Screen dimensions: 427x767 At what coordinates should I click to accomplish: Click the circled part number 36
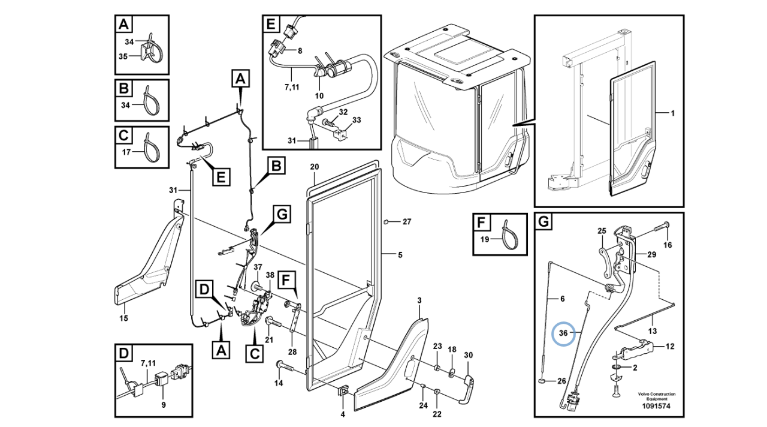tap(563, 333)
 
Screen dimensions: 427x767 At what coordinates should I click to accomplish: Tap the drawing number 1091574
tap(656, 407)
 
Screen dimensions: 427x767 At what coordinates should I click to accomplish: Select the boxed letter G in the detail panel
tap(543, 222)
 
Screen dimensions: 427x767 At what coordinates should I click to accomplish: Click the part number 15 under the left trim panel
tap(123, 318)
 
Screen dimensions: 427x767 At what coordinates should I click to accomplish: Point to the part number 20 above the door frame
tap(315, 166)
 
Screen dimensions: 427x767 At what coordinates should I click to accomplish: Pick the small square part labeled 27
tap(388, 222)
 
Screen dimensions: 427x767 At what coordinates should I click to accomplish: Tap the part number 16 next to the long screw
tap(668, 245)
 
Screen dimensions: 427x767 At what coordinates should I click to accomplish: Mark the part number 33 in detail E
tap(357, 121)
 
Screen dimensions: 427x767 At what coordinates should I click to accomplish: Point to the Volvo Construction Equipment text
tap(656, 396)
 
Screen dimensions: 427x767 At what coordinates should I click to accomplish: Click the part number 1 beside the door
tap(672, 113)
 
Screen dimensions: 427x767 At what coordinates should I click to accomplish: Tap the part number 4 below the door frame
tap(343, 414)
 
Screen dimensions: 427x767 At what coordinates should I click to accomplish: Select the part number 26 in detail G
tap(561, 381)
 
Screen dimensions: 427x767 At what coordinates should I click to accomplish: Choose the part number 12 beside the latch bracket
tap(670, 346)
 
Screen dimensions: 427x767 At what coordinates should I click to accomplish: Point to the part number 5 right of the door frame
tap(400, 255)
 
